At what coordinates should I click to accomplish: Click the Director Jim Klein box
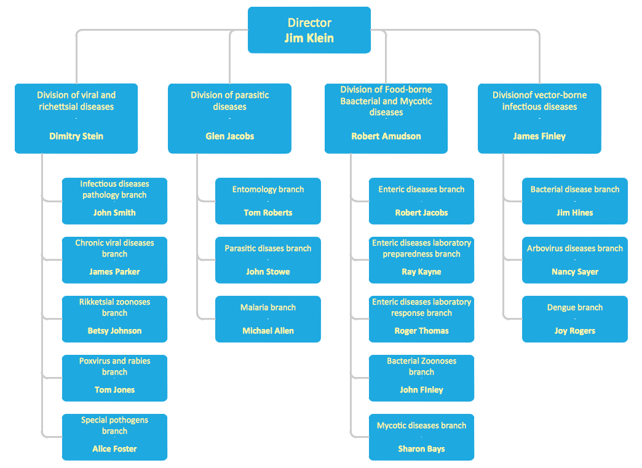(x=309, y=30)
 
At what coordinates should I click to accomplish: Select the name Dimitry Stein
(x=76, y=136)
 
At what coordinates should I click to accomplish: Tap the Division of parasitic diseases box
(x=229, y=118)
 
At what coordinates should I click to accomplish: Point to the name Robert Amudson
(x=386, y=136)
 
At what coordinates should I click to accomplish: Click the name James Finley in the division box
(x=539, y=136)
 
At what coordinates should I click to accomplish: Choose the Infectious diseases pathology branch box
(x=114, y=200)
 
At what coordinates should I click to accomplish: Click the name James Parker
(x=114, y=272)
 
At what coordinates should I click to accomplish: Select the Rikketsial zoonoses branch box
(x=114, y=319)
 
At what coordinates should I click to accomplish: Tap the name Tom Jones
(x=114, y=390)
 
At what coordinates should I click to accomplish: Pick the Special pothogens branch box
(x=114, y=437)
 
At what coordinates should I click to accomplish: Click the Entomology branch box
(x=267, y=200)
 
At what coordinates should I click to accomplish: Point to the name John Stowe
(x=267, y=272)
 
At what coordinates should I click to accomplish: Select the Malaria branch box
(x=267, y=319)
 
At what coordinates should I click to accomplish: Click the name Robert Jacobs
(x=421, y=213)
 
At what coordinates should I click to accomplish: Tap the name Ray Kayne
(x=421, y=272)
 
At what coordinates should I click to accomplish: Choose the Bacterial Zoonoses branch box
(x=421, y=378)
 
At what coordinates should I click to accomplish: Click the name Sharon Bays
(x=421, y=449)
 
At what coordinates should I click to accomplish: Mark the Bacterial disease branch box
(x=574, y=200)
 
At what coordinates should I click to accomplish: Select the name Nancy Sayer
(x=574, y=272)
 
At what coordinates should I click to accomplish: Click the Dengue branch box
(x=574, y=319)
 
